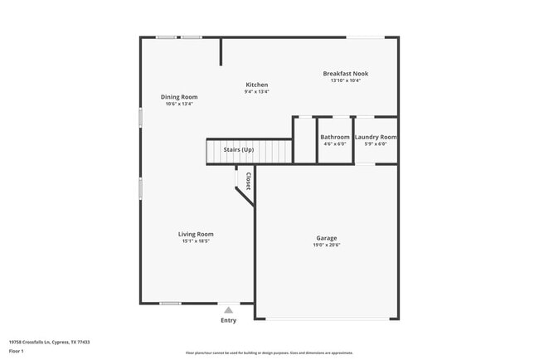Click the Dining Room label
179,97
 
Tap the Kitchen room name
256,85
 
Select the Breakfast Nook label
345,73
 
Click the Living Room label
196,234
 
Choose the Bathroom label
335,137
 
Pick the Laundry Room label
376,137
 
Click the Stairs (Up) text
238,149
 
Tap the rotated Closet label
247,181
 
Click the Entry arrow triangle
228,309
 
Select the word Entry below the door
228,320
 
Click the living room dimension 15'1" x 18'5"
196,241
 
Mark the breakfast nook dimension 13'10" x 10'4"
345,80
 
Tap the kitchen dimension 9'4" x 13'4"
256,92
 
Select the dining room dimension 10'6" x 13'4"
179,105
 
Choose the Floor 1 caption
17,352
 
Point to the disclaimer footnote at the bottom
269,353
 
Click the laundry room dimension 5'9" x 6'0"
376,144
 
